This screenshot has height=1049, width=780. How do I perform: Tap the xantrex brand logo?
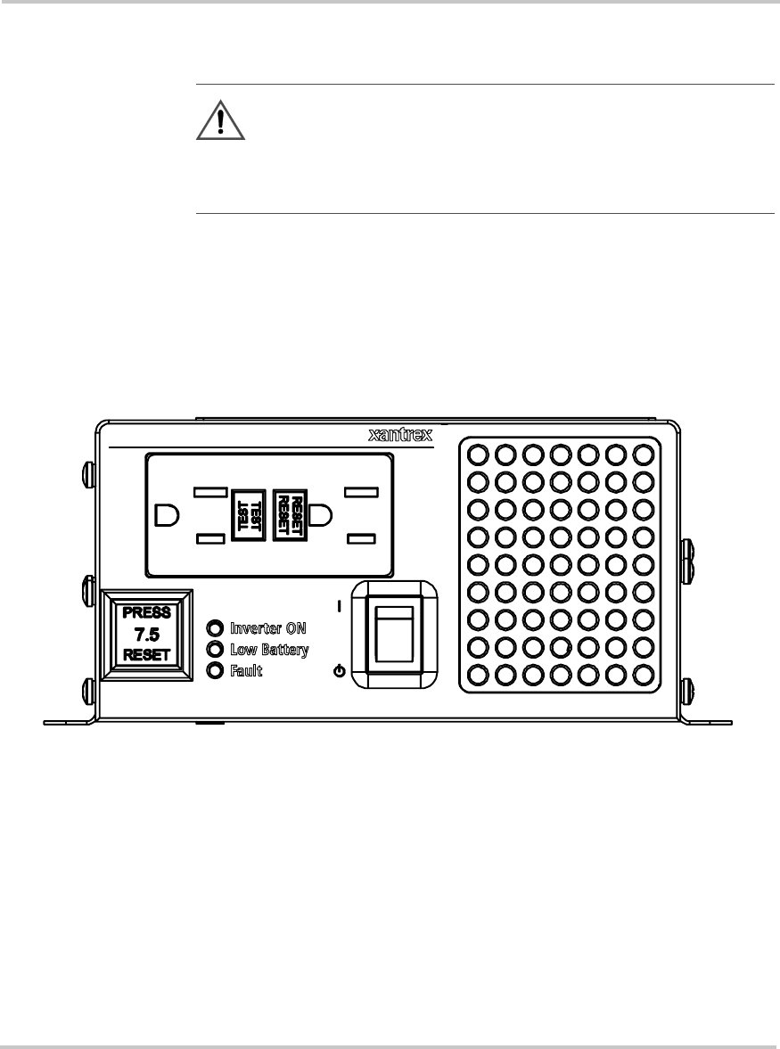pos(400,435)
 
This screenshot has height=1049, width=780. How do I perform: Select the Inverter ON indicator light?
pos(214,627)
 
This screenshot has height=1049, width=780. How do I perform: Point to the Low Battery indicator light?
pos(214,649)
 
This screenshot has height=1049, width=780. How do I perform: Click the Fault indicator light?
pos(214,670)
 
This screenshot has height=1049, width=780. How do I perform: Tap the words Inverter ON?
pos(268,627)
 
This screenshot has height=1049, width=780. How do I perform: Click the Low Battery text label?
pos(269,649)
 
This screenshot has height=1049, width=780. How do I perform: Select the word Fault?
pos(246,670)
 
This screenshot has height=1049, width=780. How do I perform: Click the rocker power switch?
pos(393,635)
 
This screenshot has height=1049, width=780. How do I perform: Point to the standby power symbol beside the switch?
pos(339,671)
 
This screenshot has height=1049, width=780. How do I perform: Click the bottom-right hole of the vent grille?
pos(643,674)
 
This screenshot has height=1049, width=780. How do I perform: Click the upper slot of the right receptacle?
pos(363,492)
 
